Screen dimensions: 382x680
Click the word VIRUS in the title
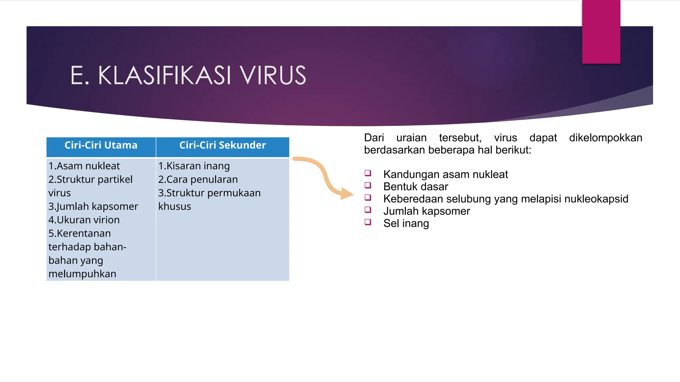point(273,76)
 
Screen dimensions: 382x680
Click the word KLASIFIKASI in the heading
point(164,76)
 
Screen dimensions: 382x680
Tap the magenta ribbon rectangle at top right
point(601,32)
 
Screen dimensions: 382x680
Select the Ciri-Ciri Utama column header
point(101,145)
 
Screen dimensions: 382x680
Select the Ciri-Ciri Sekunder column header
point(222,145)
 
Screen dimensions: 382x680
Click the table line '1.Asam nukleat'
point(84,166)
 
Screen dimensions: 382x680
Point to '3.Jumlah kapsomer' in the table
point(93,206)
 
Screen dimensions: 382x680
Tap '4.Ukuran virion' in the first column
point(84,220)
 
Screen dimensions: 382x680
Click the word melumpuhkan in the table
point(82,274)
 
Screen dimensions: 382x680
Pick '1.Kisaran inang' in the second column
point(194,166)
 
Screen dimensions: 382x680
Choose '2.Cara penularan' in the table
point(198,179)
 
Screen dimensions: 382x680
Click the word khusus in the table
point(175,206)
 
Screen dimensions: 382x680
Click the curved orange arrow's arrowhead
point(347,194)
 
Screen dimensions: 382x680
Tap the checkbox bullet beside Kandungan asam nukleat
point(368,173)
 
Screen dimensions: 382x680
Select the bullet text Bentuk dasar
point(416,187)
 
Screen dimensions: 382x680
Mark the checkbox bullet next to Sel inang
point(368,222)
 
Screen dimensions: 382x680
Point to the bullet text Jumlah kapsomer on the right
point(427,211)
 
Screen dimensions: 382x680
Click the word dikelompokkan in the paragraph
point(606,138)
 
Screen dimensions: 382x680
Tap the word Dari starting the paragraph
point(374,138)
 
